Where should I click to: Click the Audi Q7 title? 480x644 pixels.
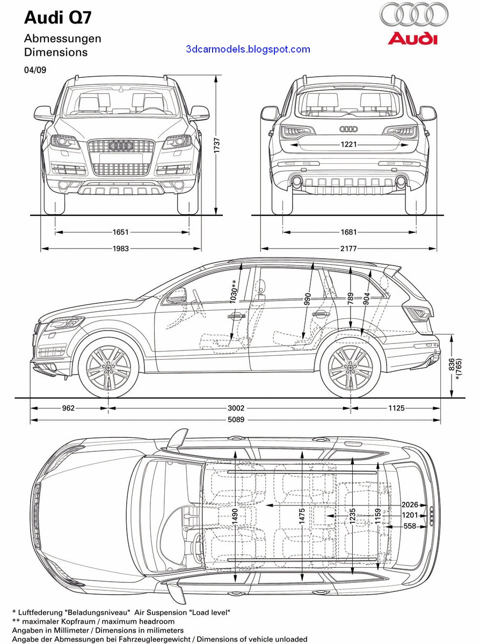(58, 18)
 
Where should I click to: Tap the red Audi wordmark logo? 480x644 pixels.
(413, 39)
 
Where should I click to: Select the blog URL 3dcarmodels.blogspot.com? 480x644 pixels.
(248, 49)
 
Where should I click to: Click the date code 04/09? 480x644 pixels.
(35, 70)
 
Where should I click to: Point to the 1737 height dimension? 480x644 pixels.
(217, 145)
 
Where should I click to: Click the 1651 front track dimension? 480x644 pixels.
(121, 232)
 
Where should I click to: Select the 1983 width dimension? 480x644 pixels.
(121, 248)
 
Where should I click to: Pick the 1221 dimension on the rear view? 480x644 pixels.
(348, 144)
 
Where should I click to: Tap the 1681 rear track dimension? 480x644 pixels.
(348, 232)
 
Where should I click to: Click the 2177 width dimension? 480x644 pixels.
(348, 248)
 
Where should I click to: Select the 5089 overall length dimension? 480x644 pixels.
(235, 420)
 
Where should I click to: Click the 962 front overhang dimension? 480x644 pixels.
(68, 408)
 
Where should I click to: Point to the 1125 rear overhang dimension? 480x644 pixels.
(396, 408)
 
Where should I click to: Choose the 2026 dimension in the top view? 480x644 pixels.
(410, 504)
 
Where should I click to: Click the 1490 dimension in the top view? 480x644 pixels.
(235, 515)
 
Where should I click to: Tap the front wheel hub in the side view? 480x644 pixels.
(108, 368)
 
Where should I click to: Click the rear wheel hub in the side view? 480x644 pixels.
(350, 368)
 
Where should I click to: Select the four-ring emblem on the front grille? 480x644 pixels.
(121, 146)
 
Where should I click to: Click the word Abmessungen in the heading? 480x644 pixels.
(62, 39)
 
